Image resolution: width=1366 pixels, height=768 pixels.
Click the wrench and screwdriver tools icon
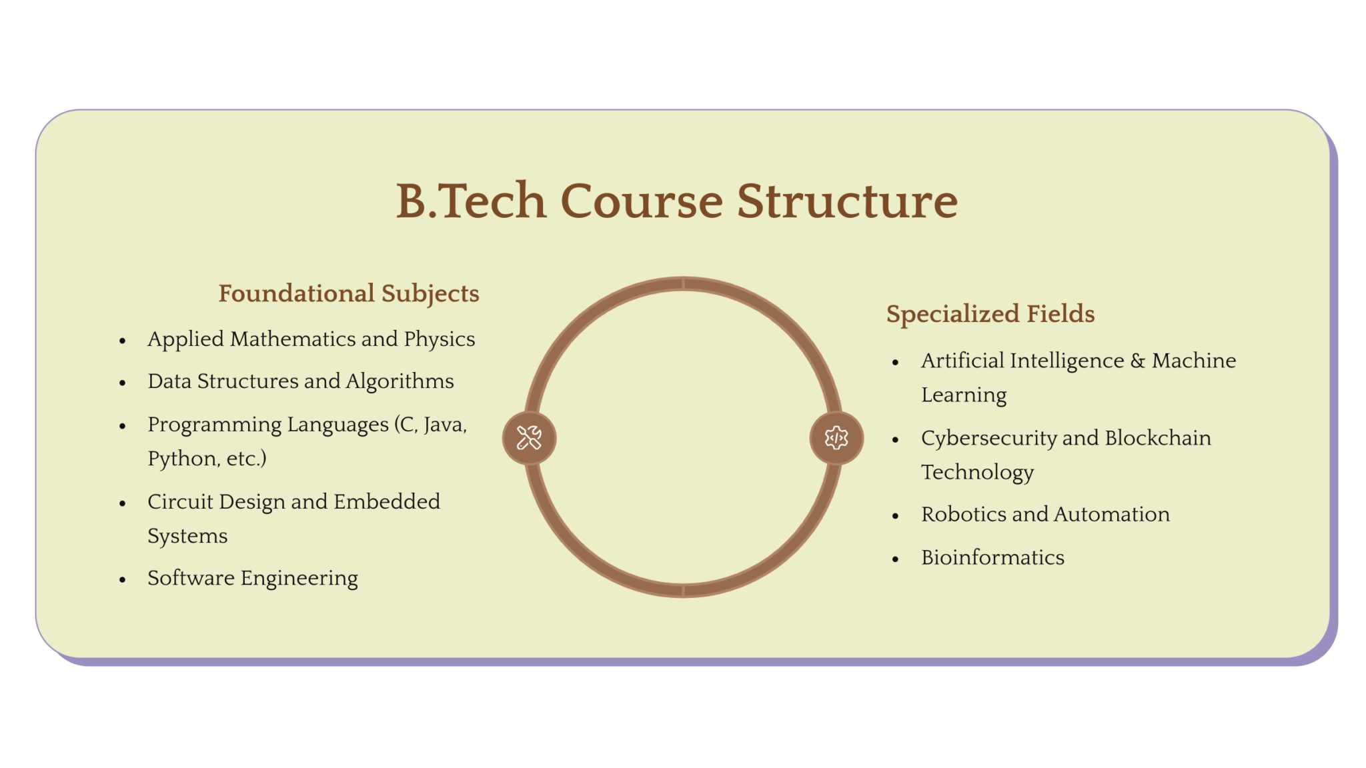[529, 438]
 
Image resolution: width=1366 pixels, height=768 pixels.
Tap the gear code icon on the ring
[836, 438]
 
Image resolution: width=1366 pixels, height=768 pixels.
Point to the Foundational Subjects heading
[349, 293]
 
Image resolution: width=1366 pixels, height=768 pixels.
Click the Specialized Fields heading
[990, 314]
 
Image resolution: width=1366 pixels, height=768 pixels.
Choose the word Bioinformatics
[992, 557]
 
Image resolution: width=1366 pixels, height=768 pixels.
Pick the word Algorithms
[400, 381]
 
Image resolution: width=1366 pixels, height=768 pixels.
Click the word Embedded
[387, 501]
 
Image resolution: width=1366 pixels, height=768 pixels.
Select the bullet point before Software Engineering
[123, 579]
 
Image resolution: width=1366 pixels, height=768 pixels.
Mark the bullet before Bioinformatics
[896, 559]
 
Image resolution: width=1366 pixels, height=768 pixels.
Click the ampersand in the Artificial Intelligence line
[1138, 361]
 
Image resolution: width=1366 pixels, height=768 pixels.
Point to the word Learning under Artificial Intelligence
[964, 395]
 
